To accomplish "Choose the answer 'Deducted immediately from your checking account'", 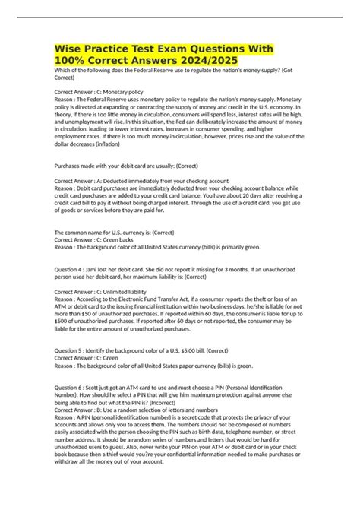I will pyautogui.click(x=164, y=182).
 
